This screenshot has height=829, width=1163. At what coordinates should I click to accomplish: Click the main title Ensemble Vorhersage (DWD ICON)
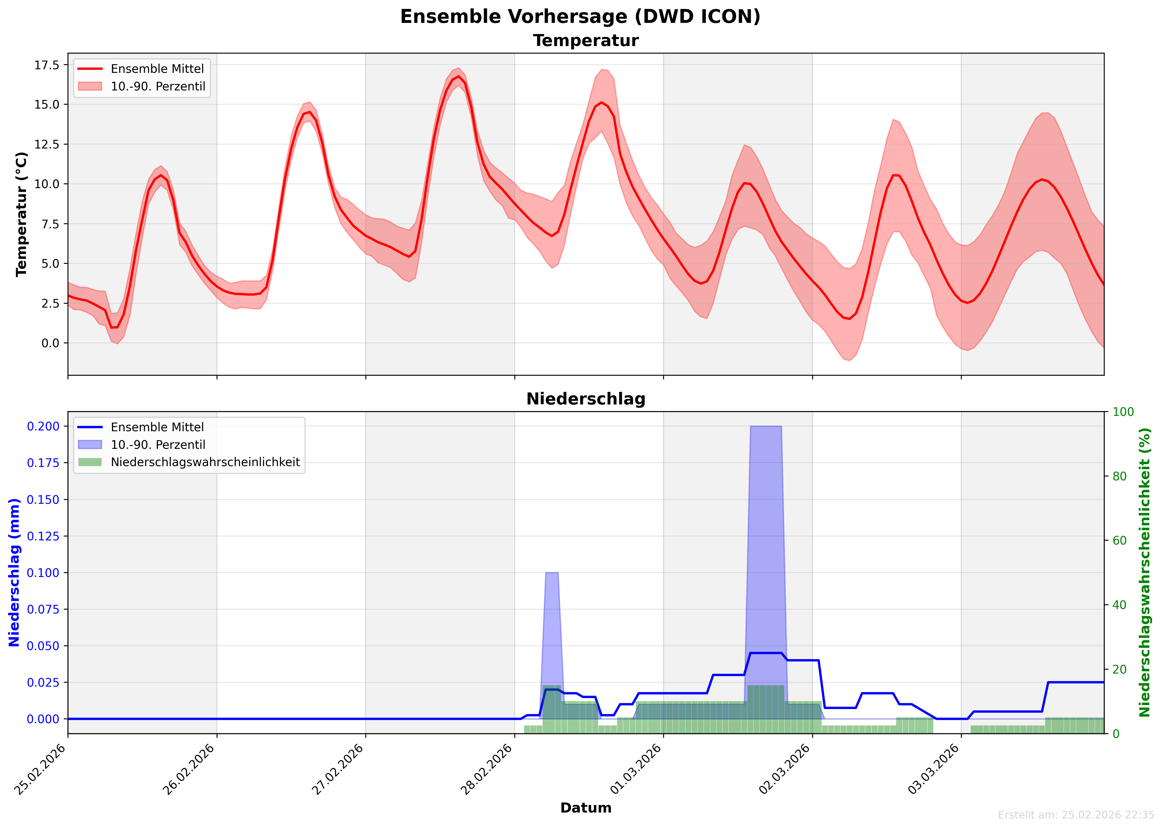pyautogui.click(x=580, y=16)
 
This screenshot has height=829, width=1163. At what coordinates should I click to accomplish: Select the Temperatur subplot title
pyautogui.click(x=585, y=41)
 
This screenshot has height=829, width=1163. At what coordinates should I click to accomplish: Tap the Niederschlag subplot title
pyautogui.click(x=585, y=399)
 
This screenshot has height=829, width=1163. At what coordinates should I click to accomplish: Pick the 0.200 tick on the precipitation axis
pyautogui.click(x=43, y=426)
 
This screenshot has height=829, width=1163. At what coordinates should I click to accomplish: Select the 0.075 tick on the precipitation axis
pyautogui.click(x=43, y=609)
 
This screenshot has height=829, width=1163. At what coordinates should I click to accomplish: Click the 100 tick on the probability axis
pyautogui.click(x=1123, y=412)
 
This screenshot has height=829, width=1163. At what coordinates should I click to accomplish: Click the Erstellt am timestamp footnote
pyautogui.click(x=1076, y=815)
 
